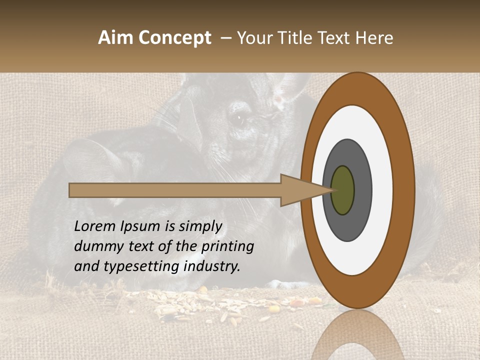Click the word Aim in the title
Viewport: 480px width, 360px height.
point(114,38)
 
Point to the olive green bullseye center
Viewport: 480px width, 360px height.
point(343,190)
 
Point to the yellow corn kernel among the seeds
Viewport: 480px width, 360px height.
point(274,309)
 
